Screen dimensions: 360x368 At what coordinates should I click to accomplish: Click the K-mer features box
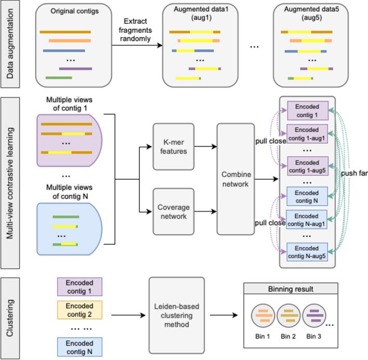[174, 146]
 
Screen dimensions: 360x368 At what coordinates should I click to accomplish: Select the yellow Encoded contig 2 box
[80, 310]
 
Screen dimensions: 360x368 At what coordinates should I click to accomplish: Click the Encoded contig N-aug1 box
[308, 219]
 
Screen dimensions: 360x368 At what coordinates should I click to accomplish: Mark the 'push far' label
[354, 174]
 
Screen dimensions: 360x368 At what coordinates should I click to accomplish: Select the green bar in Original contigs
[59, 78]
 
